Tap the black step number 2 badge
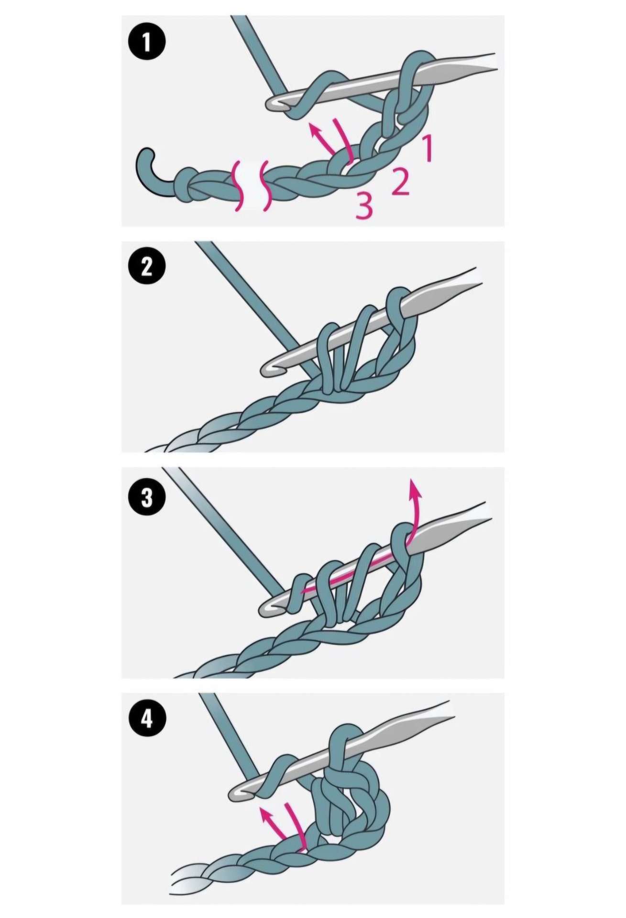(x=147, y=267)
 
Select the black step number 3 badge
(x=147, y=497)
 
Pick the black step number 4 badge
(x=147, y=718)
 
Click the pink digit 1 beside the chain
(x=427, y=148)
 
